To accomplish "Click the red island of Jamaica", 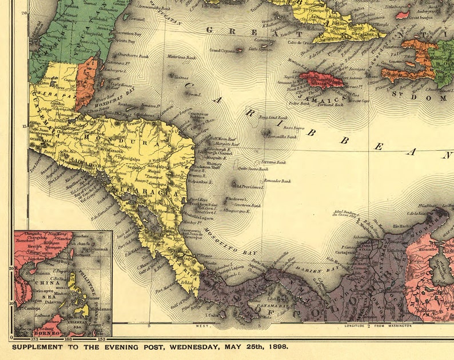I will pyautogui.click(x=321, y=79).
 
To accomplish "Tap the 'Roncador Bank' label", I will pyautogui.click(x=277, y=181).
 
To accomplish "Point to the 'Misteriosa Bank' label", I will pyautogui.click(x=182, y=57).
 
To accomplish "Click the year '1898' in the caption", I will pyautogui.click(x=277, y=346).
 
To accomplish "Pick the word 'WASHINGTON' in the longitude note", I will pyautogui.click(x=399, y=326).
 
